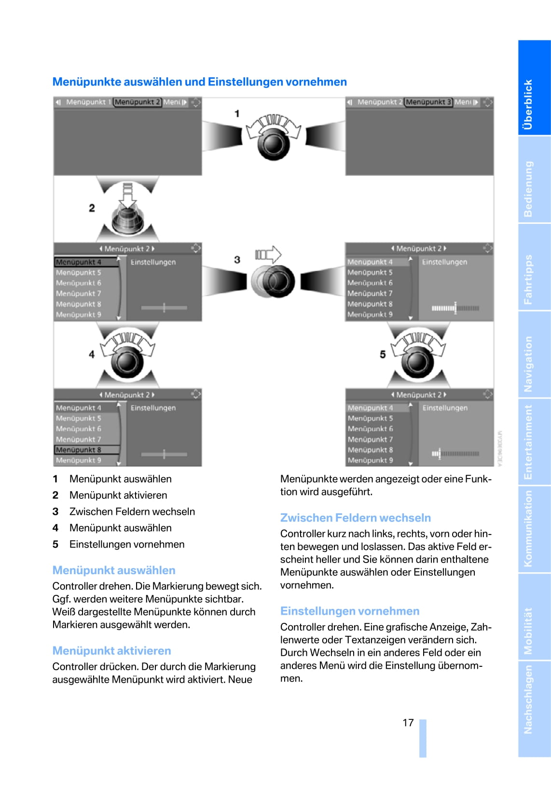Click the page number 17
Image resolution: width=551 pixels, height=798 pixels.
pos(408,722)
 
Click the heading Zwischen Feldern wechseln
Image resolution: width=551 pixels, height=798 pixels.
pos(355,518)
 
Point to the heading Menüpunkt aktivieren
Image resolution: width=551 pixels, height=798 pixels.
pos(111,650)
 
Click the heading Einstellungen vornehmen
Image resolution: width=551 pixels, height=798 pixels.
pos(349,611)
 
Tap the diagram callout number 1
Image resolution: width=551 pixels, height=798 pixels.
pos(237,113)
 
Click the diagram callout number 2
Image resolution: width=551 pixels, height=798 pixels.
pos(92,208)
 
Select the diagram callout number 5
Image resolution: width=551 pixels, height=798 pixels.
pos(383,355)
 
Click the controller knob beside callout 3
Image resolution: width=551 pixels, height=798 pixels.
pos(273,281)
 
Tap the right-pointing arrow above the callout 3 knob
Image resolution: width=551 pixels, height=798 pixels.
pos(268,254)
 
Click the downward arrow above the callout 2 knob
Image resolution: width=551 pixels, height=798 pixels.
pos(127,193)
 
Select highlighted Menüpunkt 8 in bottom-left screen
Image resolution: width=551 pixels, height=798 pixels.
pos(86,450)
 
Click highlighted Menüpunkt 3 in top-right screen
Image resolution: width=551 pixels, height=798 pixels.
pos(428,102)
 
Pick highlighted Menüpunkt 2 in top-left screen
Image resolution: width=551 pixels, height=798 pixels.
pos(137,102)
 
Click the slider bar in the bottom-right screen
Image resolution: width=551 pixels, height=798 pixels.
pos(455,454)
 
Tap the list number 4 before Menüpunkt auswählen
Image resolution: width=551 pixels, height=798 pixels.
pos(55,528)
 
